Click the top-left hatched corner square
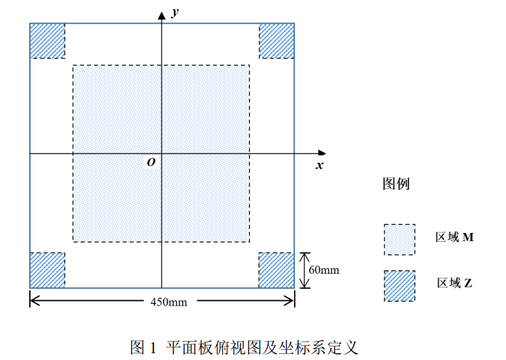[x=48, y=41]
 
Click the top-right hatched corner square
[x=276, y=41]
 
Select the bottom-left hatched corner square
[x=48, y=270]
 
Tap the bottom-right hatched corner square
[x=276, y=270]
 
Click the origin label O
[x=151, y=162]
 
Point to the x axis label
[x=319, y=165]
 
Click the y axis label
[x=175, y=12]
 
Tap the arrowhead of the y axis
[x=162, y=14]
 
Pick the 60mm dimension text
[x=323, y=270]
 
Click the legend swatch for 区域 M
[x=399, y=240]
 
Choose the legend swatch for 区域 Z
[x=399, y=285]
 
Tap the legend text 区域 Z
[x=454, y=283]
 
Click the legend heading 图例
[x=397, y=183]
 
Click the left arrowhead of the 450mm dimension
[x=34, y=300]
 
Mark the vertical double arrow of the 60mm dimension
[x=305, y=270]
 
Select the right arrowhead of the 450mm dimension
[x=290, y=300]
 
